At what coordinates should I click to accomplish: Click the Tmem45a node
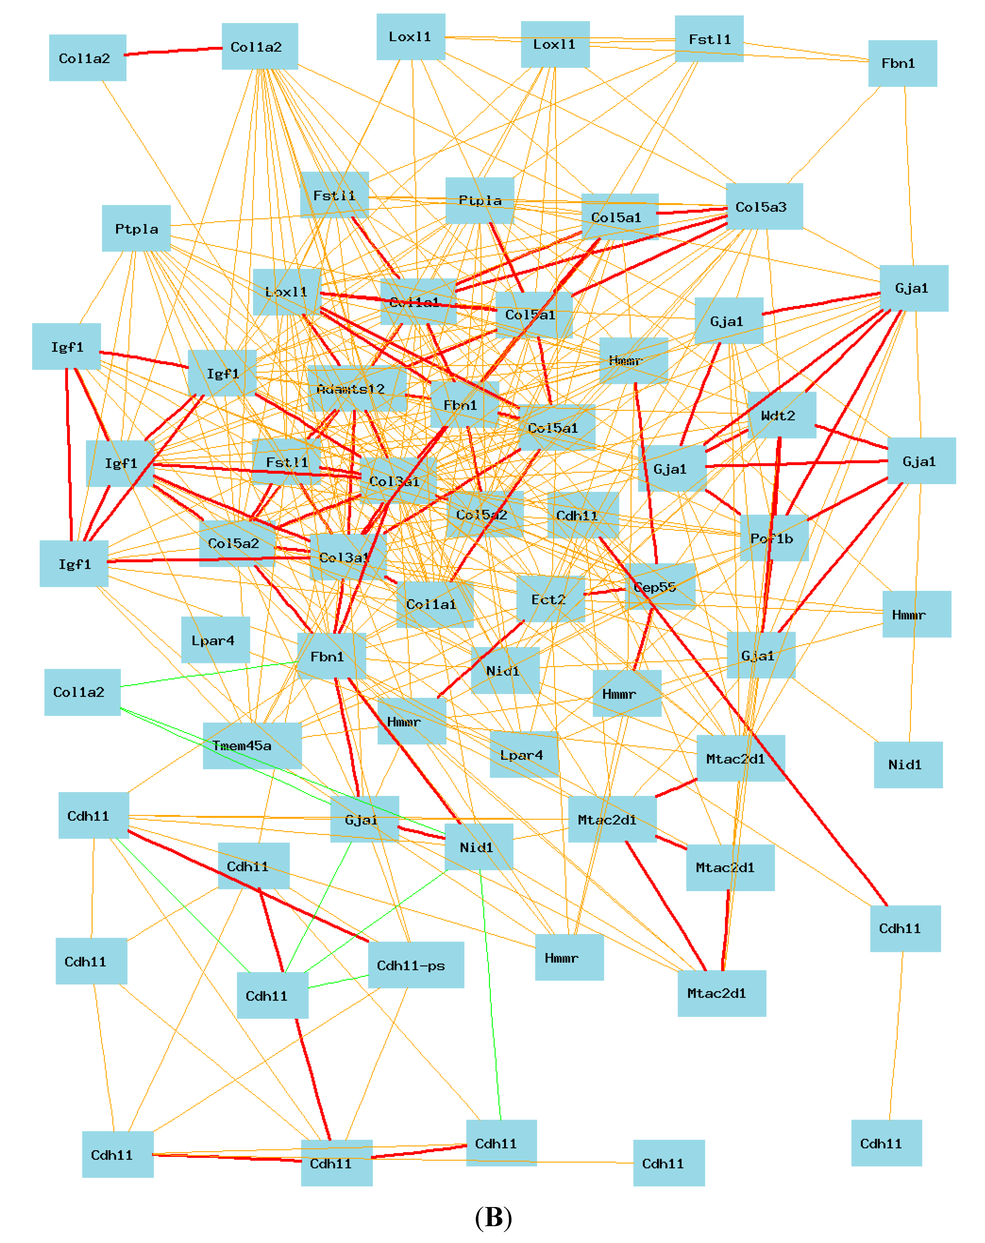coord(252,745)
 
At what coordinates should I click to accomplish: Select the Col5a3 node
coord(764,206)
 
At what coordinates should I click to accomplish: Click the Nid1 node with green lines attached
coord(479,846)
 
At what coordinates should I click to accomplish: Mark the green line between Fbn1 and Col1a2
coord(208,675)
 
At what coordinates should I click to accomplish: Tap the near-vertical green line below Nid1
coord(490,992)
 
